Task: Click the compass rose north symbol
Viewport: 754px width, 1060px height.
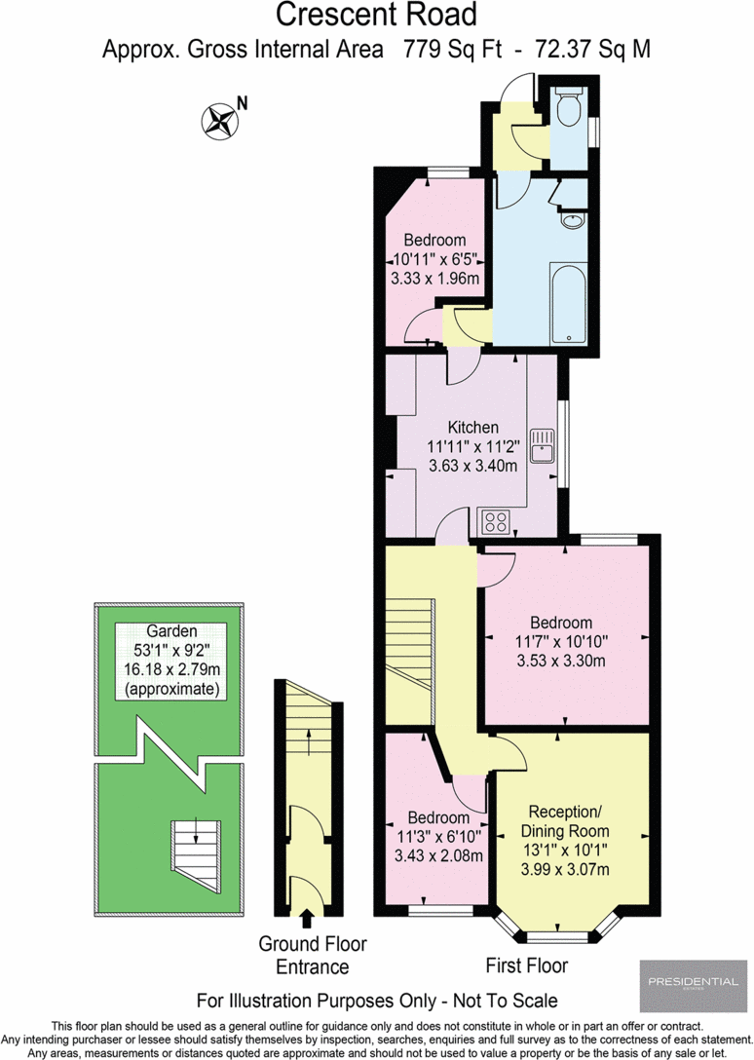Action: (x=219, y=121)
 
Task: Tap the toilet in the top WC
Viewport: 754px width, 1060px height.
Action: (x=568, y=109)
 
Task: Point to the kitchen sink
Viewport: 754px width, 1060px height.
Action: (x=542, y=446)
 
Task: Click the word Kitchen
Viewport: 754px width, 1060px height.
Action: (x=472, y=427)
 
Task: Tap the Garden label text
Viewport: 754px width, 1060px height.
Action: (x=170, y=630)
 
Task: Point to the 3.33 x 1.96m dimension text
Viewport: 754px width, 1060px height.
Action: (x=434, y=279)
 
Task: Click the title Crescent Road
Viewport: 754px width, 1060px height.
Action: (x=376, y=16)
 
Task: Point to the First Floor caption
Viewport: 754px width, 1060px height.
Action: (x=527, y=965)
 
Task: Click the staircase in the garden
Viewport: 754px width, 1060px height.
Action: (x=192, y=848)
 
